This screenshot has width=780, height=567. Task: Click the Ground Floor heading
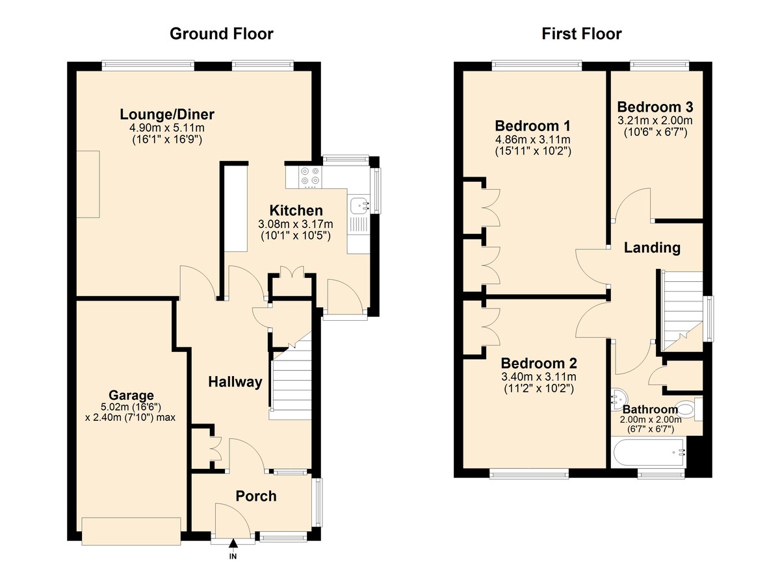[222, 34]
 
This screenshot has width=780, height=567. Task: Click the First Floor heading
[582, 34]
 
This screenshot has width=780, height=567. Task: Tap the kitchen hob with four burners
[310, 177]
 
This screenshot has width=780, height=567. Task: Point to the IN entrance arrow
[233, 544]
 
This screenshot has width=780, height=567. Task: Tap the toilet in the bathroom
[690, 410]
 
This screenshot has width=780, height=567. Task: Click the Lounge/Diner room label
[167, 114]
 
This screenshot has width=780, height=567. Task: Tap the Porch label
[256, 496]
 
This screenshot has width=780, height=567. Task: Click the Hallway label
[235, 382]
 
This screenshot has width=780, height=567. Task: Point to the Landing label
[652, 247]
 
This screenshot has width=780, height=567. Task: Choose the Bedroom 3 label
[655, 107]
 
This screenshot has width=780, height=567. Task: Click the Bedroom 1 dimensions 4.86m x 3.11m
[533, 140]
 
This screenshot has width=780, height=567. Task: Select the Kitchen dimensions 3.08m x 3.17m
[296, 223]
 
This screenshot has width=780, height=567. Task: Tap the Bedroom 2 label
[539, 363]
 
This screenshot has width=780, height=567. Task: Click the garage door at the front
[131, 531]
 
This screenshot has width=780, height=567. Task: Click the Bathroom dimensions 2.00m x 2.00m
[651, 420]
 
